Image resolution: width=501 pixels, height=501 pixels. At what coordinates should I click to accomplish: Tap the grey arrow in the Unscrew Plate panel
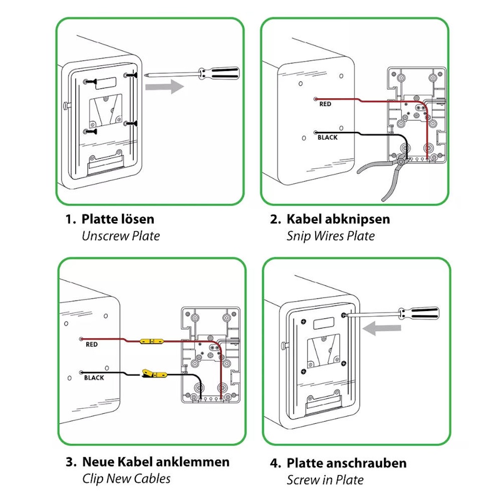point(164,87)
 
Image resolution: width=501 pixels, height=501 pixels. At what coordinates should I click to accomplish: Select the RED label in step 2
point(325,104)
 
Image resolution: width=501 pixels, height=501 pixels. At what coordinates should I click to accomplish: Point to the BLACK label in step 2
point(327,137)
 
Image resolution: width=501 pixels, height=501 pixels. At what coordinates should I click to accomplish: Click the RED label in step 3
point(91,344)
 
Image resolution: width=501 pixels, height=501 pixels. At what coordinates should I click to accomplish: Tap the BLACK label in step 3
point(94,378)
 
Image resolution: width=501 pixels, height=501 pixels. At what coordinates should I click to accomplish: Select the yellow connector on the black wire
point(154,374)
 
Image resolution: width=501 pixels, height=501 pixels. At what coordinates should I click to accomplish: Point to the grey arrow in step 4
point(382,328)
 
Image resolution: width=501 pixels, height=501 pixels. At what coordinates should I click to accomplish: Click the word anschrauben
point(365,463)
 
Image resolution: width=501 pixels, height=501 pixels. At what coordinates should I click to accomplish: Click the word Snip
point(299,236)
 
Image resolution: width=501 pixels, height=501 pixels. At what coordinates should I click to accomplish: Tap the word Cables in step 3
point(154,478)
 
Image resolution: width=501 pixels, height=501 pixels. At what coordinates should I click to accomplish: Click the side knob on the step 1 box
point(66,106)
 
